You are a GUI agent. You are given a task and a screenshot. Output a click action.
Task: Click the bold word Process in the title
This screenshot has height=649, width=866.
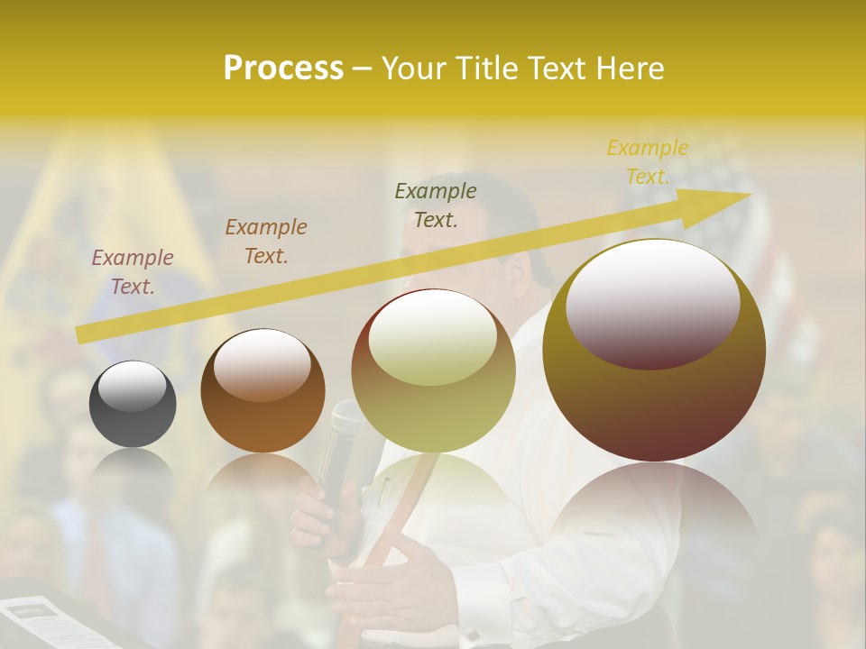283,69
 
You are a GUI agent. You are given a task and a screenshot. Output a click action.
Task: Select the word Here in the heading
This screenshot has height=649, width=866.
630,69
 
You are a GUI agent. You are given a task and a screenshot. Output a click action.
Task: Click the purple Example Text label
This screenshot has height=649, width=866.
133,272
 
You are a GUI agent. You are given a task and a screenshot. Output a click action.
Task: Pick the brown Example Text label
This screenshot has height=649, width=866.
266,242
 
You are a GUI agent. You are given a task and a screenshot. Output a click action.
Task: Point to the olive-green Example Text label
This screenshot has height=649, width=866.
436,205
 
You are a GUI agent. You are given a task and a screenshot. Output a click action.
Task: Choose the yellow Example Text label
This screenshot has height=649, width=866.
648,162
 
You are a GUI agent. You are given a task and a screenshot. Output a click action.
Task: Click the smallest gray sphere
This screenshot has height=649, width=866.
133,404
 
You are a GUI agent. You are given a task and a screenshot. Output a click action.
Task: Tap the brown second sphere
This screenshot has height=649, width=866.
263,391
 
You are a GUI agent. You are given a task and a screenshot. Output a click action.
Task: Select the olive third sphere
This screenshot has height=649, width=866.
434,370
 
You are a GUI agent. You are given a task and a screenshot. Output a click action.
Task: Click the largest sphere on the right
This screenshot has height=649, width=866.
654,350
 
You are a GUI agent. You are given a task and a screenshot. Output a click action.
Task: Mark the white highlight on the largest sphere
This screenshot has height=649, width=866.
652,303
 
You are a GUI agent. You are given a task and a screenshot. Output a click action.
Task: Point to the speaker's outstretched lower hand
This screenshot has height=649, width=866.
397,586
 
